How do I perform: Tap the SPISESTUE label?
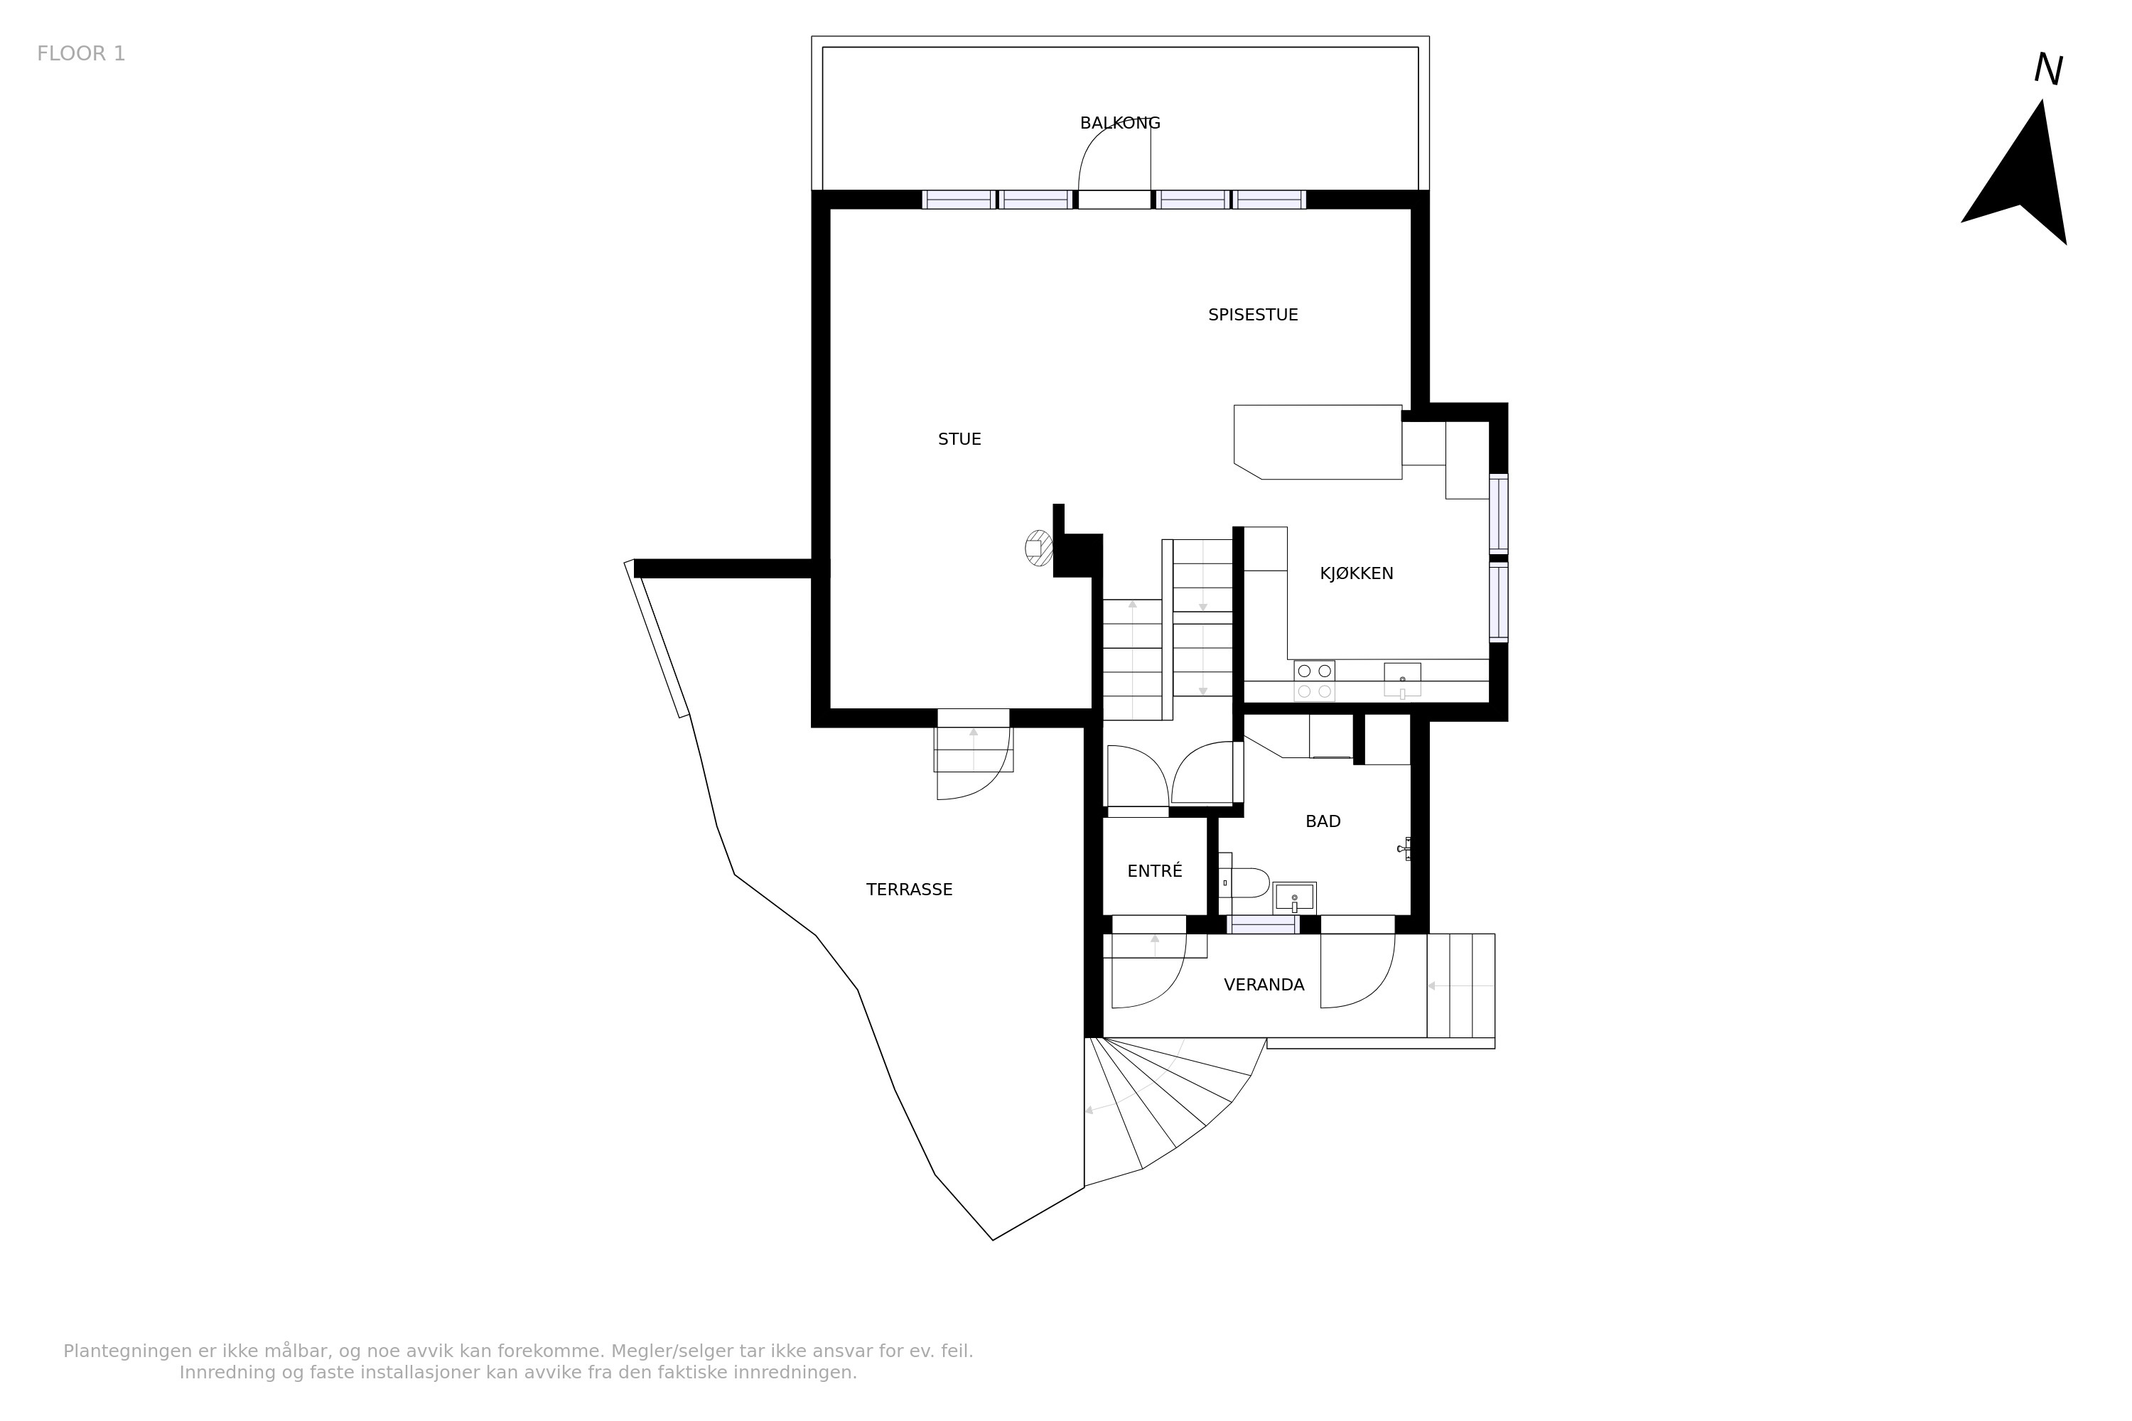click(x=1253, y=315)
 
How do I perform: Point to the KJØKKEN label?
click(x=1356, y=573)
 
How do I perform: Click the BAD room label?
click(x=1323, y=822)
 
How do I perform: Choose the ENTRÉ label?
click(x=1155, y=871)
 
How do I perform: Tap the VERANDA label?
click(x=1264, y=985)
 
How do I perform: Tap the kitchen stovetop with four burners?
click(x=1313, y=681)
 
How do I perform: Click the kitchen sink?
click(x=1401, y=680)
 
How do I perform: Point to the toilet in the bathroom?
click(x=1243, y=882)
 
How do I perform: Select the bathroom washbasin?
click(x=1294, y=898)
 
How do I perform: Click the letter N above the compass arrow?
click(x=2047, y=70)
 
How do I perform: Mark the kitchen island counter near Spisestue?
click(x=1318, y=442)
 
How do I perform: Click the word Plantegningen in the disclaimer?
click(x=128, y=1351)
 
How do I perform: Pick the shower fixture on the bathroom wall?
click(x=1404, y=849)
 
